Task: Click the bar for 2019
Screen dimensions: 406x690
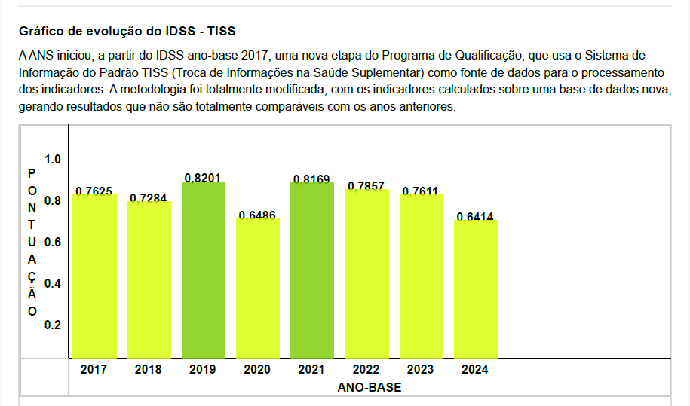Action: pos(203,270)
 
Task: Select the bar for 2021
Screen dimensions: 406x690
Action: pos(312,270)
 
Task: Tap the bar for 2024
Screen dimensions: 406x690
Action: pos(476,288)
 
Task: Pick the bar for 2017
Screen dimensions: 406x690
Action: pos(94,276)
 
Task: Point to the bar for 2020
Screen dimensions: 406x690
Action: pos(258,288)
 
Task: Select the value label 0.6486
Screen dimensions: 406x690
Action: pos(257,215)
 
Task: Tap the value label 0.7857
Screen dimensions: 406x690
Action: pos(366,185)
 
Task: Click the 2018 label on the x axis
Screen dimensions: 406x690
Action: pos(149,369)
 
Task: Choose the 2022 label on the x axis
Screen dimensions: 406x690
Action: pos(366,369)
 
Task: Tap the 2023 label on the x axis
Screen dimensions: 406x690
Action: pos(421,369)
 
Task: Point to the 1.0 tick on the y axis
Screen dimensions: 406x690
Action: pos(53,160)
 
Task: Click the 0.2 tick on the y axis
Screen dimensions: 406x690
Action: pos(53,325)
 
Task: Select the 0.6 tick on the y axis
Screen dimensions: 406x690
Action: pos(53,242)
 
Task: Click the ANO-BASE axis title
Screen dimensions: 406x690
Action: pos(370,387)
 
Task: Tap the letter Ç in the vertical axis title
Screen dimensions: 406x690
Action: pos(32,276)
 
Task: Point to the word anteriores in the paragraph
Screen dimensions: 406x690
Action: pos(428,106)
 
